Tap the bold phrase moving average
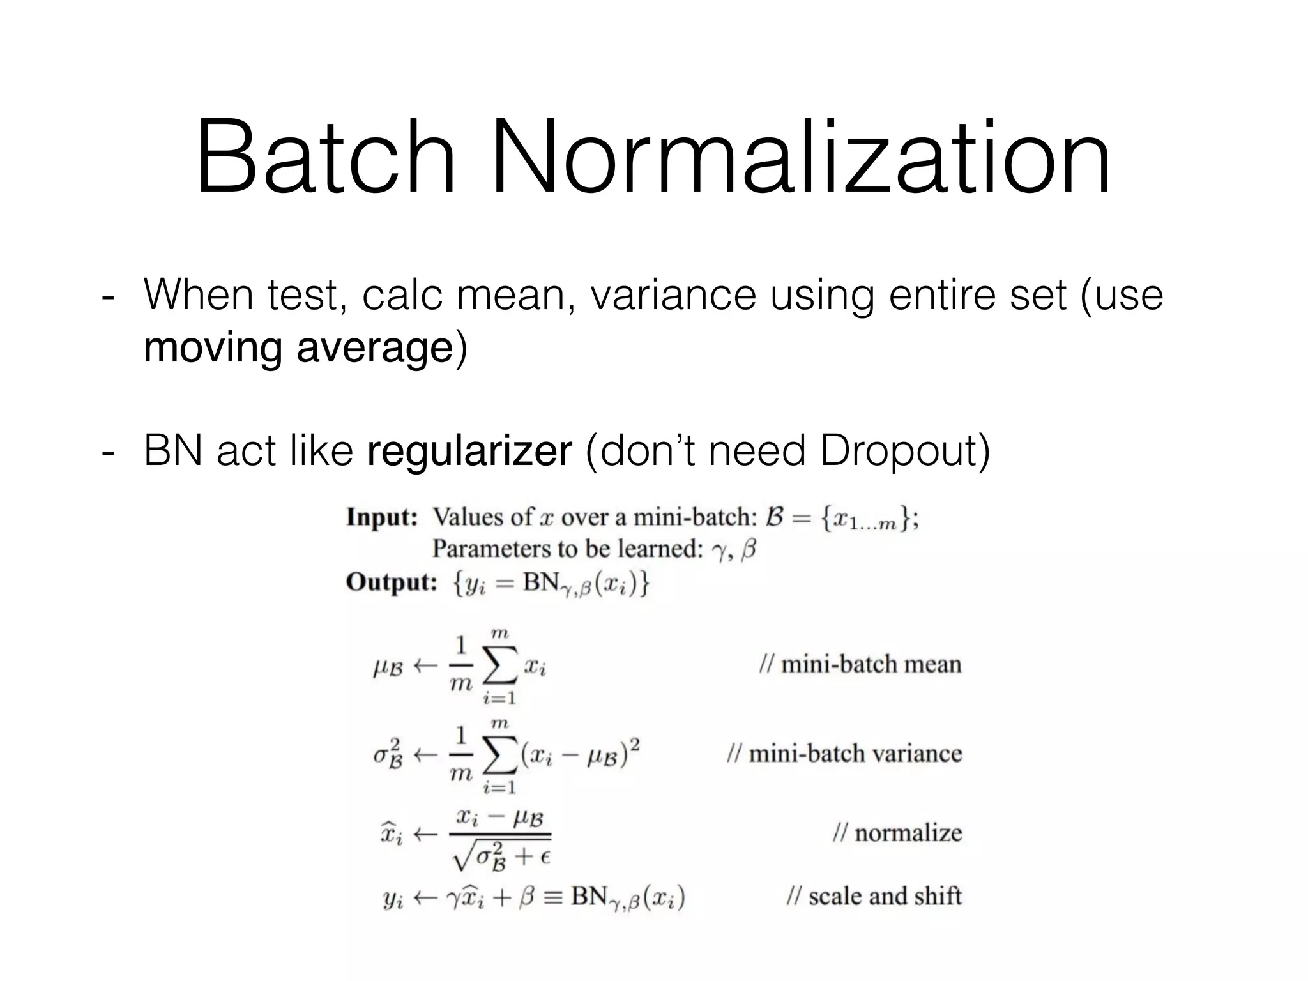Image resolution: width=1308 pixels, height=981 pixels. click(x=298, y=348)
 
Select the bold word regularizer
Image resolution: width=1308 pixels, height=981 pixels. click(x=469, y=451)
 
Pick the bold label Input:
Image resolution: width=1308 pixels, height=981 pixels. click(x=382, y=517)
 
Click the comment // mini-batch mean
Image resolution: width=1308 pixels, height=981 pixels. click(x=860, y=665)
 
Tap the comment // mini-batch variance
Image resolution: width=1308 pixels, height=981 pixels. click(x=844, y=754)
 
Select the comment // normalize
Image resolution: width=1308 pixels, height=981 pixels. click(x=897, y=833)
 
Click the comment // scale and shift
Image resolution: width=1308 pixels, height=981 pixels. click(x=874, y=896)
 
